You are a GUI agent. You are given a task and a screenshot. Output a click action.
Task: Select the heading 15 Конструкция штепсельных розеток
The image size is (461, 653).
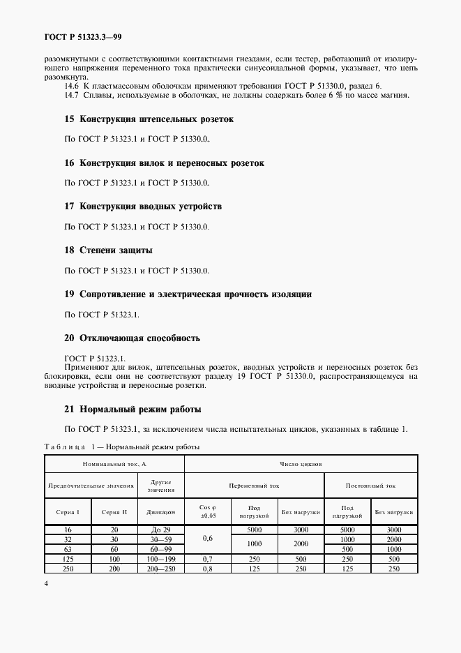149,119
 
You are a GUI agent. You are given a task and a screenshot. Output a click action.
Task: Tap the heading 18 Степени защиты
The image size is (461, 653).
108,250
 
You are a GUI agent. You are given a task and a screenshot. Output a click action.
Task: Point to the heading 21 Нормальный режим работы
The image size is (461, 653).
133,409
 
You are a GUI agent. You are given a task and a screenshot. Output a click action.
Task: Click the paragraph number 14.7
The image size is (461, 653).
73,95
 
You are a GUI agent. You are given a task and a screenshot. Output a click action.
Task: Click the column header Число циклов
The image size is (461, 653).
301,463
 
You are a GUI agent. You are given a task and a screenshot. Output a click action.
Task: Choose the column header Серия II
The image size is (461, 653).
114,512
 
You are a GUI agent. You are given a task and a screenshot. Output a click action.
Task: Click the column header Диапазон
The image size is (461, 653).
160,512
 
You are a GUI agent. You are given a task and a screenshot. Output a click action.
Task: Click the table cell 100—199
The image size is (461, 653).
160,560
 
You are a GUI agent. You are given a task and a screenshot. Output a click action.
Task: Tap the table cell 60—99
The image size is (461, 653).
160,550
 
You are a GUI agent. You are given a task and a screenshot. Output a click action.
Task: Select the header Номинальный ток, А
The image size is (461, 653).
114,463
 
